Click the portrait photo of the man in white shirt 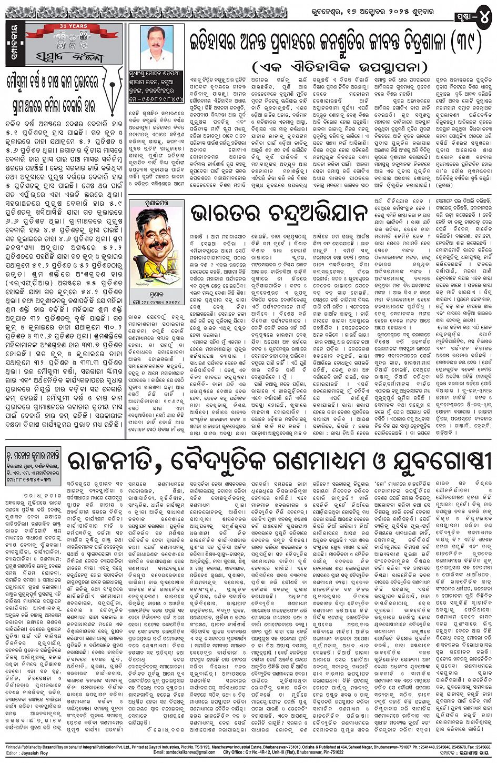click(156, 47)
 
